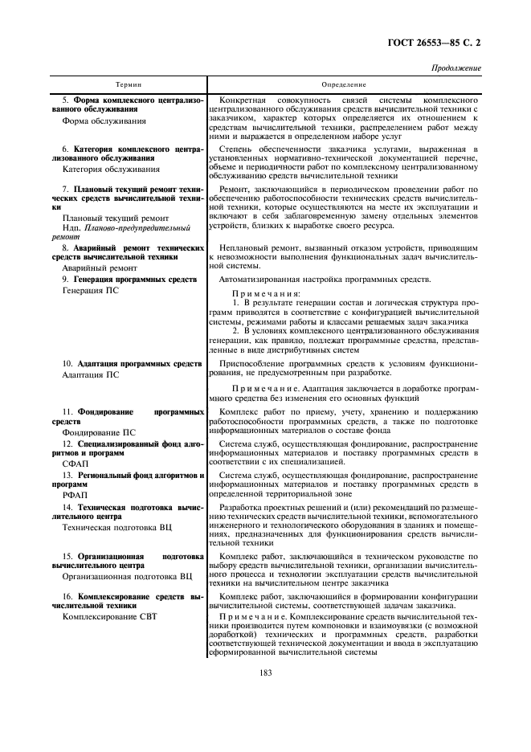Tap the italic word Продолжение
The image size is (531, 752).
455,68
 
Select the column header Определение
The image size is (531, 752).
344,84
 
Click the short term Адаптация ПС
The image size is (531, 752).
91,374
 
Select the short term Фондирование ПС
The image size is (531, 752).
99,431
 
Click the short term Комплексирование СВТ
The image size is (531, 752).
107,617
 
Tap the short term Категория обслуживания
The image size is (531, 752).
110,170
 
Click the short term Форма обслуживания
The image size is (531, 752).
104,121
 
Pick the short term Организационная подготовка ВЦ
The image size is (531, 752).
127,576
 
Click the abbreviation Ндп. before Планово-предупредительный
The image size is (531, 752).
71,228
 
